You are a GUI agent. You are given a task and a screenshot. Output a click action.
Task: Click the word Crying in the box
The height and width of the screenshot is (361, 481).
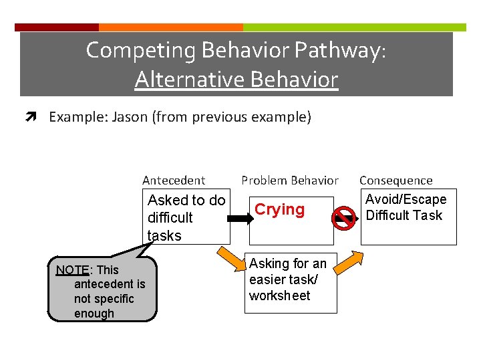(279, 210)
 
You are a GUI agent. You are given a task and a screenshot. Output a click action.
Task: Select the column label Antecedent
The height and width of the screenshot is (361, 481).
(174, 180)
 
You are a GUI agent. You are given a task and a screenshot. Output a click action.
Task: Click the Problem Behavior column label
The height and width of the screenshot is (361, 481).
(289, 180)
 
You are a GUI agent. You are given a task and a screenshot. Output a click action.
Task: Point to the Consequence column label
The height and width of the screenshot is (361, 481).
(395, 180)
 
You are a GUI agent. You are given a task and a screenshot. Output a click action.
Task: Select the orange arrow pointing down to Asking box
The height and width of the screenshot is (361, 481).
(230, 263)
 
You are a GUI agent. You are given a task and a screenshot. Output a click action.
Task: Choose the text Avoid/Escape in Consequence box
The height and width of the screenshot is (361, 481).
(406, 200)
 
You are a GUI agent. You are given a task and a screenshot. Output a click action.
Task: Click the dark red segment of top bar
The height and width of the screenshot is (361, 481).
(57, 27)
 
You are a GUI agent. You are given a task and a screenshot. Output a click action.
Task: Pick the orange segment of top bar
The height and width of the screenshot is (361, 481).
(170, 27)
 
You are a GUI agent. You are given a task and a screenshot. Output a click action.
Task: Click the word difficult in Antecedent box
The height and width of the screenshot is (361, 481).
(170, 218)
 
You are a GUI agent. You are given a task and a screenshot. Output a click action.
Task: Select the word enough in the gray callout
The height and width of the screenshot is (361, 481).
(94, 314)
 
